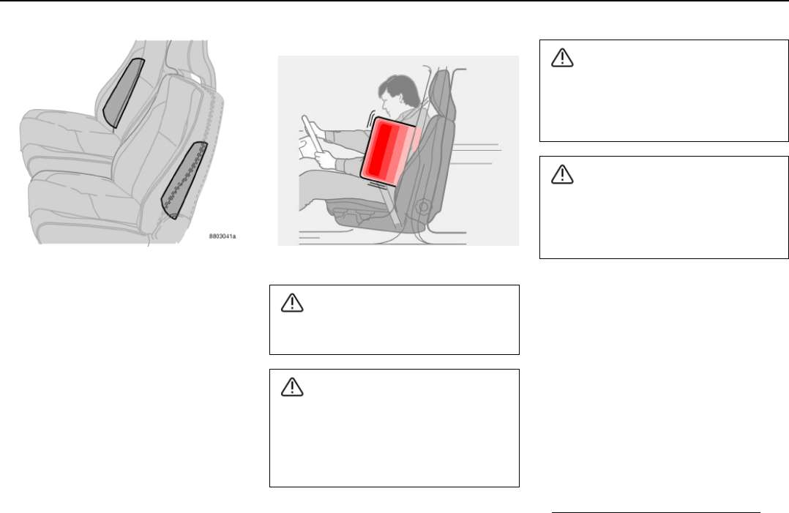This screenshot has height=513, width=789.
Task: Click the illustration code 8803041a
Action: pyautogui.click(x=223, y=236)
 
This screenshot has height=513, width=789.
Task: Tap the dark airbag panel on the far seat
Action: pyautogui.click(x=123, y=93)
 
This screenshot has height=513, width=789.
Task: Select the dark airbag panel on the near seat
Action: pyautogui.click(x=184, y=180)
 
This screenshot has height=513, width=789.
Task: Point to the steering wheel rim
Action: pyautogui.click(x=312, y=134)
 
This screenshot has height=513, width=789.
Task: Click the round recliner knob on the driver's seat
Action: pyautogui.click(x=423, y=206)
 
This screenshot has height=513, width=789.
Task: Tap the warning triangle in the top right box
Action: pyautogui.click(x=562, y=57)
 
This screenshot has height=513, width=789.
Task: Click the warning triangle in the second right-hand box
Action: pyautogui.click(x=562, y=174)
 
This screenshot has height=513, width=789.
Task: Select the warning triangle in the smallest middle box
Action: pyautogui.click(x=292, y=303)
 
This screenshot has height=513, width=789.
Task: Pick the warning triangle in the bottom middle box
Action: pyautogui.click(x=292, y=386)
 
